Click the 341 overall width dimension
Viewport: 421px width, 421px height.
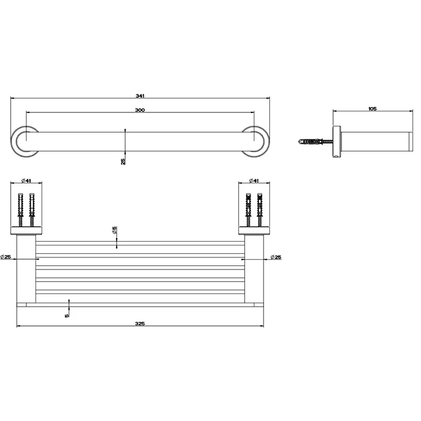coord(141,95)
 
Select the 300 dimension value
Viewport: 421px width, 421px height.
coord(140,109)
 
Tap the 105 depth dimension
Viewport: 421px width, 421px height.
coord(372,109)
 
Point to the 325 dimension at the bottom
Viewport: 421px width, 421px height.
coord(140,324)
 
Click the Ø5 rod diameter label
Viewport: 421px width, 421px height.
coord(114,230)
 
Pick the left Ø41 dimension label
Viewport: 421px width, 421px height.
coord(25,180)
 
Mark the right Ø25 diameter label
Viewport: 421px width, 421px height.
coord(275,257)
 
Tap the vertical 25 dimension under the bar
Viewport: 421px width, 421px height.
coord(123,161)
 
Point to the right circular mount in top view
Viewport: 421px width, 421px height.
coord(256,141)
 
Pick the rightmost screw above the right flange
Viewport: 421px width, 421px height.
coord(260,208)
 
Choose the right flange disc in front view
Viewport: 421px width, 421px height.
coord(254,230)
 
